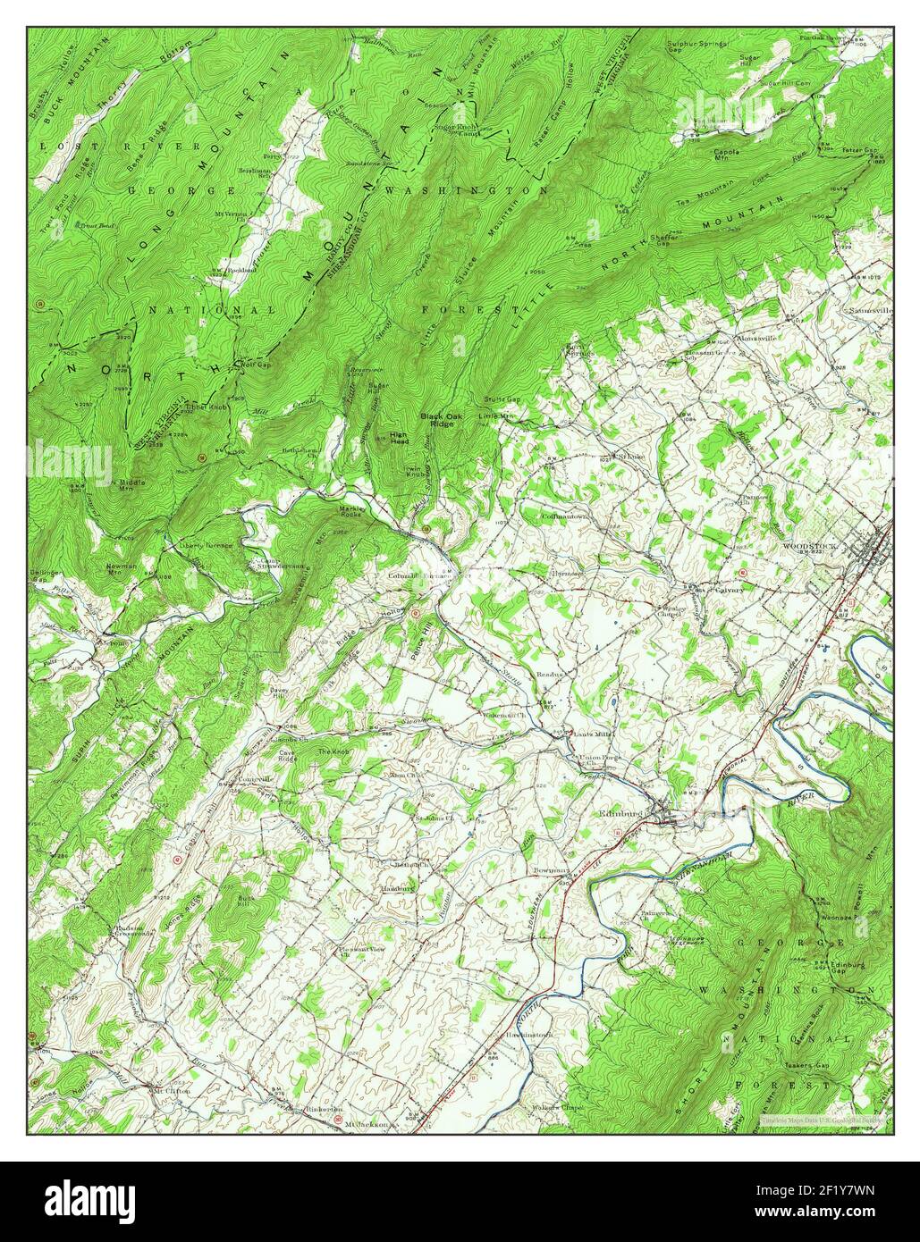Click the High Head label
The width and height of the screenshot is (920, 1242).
coord(399,438)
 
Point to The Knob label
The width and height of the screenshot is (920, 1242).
coord(333,752)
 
